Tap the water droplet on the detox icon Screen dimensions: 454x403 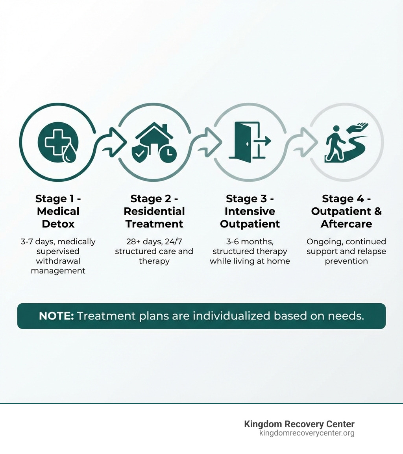[70, 155]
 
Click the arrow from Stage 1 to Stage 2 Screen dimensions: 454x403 [112, 142]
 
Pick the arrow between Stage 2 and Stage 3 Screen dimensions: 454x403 [207, 142]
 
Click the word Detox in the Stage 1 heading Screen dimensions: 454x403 [58, 224]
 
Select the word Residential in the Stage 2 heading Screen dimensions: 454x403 [154, 211]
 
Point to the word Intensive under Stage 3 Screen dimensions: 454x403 [250, 211]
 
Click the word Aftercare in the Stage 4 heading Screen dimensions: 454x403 [346, 224]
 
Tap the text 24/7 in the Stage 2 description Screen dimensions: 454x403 [174, 242]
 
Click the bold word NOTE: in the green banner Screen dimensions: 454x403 [56, 316]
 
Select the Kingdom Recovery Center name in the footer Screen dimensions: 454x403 [299, 424]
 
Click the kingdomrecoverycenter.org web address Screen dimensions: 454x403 [307, 433]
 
